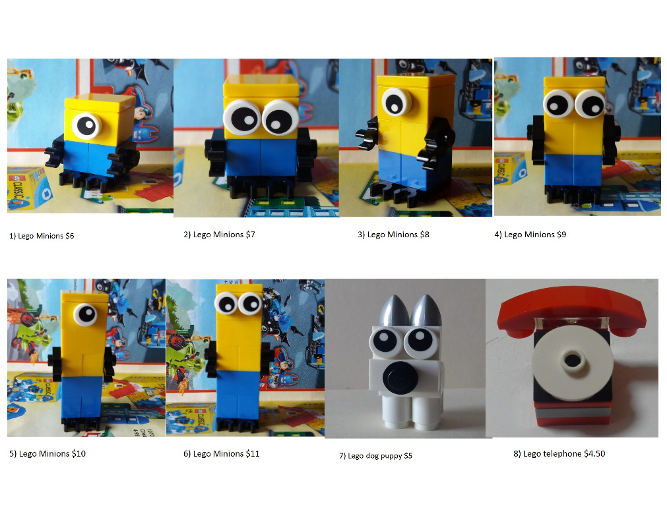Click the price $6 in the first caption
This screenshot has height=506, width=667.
coord(70,236)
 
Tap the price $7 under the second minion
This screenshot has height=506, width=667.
coord(250,235)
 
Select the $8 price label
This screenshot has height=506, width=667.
coord(424,235)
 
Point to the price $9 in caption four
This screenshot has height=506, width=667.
coord(561,235)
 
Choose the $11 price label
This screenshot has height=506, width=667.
coord(253,454)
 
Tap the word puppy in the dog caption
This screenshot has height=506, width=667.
coord(391,457)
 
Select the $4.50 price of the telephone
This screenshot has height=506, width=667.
coord(594,454)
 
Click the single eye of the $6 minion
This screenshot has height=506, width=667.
coord(86,126)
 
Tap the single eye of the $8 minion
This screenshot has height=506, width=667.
coord(397,102)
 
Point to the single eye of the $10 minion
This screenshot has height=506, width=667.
coord(86,314)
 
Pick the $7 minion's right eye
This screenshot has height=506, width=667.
coord(280,119)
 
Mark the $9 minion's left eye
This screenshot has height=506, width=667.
coord(558,103)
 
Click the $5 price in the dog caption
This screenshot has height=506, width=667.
coord(408,456)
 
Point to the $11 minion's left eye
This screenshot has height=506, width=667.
coord(226,304)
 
